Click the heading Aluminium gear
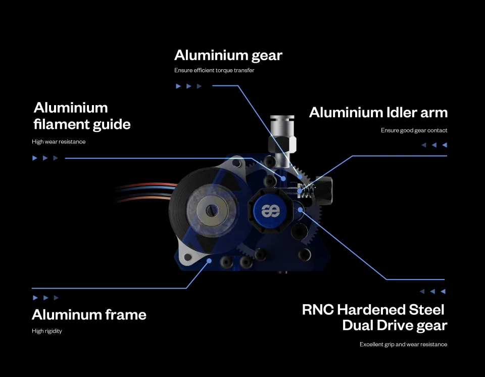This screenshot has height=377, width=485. pyautogui.click(x=228, y=55)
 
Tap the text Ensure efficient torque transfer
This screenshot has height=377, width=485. pyautogui.click(x=214, y=70)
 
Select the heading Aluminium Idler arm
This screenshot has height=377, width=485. pyautogui.click(x=378, y=112)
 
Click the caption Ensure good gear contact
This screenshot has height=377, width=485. pyautogui.click(x=414, y=130)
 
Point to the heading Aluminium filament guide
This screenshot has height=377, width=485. pyautogui.click(x=82, y=116)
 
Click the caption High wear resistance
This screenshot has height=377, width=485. pyautogui.click(x=59, y=142)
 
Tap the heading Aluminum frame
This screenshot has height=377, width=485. pyautogui.click(x=89, y=314)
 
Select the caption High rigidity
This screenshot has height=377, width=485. pyautogui.click(x=46, y=331)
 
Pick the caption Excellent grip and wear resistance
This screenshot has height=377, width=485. pyautogui.click(x=403, y=344)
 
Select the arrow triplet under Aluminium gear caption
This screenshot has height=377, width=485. pyautogui.click(x=188, y=86)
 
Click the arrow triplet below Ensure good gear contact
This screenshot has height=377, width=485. pyautogui.click(x=434, y=145)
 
